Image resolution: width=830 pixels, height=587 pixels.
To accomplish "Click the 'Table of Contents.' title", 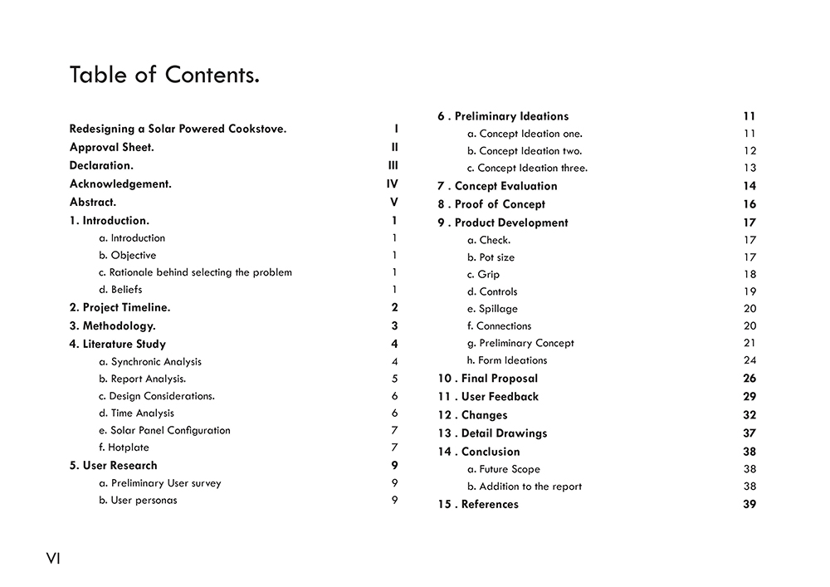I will click(164, 75).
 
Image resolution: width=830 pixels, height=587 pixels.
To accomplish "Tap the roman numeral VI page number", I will click(53, 559).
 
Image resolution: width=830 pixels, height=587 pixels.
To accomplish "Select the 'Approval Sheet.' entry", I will click(111, 148).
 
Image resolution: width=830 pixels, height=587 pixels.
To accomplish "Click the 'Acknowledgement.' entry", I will click(120, 184).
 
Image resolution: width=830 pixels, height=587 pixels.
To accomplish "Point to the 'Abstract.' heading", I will click(93, 203).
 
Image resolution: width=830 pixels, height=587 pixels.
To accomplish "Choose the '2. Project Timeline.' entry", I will click(120, 307).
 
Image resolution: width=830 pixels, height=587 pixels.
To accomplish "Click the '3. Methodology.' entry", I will click(112, 326).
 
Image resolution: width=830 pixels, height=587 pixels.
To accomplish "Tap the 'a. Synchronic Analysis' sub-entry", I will click(150, 362).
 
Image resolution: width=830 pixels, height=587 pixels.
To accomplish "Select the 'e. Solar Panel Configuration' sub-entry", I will click(164, 430).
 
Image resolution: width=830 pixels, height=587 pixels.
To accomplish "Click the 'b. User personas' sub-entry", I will click(138, 501).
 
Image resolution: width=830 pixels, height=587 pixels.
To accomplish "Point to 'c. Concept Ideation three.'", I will click(527, 169).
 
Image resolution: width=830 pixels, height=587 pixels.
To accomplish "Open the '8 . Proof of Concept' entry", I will click(491, 204).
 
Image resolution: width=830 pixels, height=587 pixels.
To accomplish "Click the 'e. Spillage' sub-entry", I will click(492, 309).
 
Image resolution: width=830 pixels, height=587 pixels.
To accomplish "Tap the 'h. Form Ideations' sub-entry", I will click(507, 360).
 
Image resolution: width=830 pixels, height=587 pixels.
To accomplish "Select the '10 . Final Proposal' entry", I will click(488, 379).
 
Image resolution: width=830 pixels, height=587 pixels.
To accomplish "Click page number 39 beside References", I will click(749, 505).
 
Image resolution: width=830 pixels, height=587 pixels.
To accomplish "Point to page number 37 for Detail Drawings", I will click(749, 433).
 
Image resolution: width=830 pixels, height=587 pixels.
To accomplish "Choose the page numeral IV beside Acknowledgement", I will click(392, 184).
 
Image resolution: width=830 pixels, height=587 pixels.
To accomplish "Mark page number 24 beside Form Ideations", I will click(749, 360).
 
